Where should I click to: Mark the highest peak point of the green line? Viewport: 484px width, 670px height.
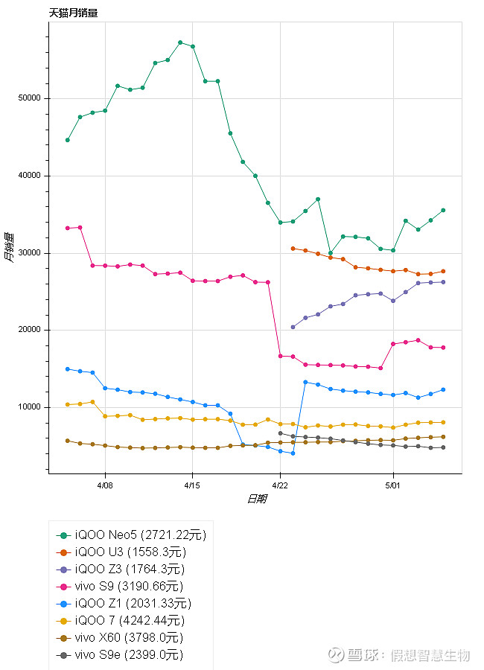180,42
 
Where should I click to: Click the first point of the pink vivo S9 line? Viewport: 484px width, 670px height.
68,228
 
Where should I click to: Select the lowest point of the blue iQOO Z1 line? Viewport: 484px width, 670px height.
293,453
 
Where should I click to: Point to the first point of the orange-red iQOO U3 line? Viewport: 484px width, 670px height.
293,249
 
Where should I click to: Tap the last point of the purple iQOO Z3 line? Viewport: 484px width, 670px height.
443,281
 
